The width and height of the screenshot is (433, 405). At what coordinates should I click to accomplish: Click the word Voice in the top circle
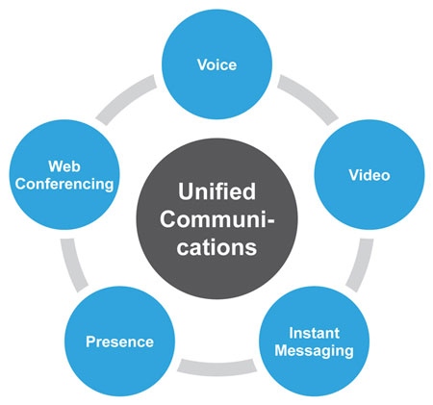[x=217, y=64]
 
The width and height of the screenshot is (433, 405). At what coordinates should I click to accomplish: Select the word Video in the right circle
[x=369, y=175]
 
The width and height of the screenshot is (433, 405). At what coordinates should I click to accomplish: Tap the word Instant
[x=314, y=333]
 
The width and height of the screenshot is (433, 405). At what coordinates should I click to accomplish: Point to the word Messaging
[x=314, y=351]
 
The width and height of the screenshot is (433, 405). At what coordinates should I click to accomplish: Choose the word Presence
[x=119, y=342]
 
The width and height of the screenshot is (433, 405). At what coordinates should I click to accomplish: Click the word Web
[x=64, y=166]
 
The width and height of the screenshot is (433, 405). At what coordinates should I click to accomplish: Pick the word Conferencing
[x=64, y=185]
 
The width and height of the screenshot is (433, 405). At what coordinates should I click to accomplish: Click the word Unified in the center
[x=216, y=191]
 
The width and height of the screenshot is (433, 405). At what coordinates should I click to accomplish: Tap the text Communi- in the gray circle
[x=217, y=219]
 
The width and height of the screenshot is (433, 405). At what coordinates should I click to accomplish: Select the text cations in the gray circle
[x=216, y=247]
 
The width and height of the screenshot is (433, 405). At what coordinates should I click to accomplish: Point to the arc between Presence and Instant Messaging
[x=217, y=368]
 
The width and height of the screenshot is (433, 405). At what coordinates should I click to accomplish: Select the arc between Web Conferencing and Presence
[x=72, y=266]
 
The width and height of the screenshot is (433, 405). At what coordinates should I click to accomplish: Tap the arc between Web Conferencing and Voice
[x=125, y=98]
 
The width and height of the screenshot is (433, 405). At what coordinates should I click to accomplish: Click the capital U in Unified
[x=186, y=191]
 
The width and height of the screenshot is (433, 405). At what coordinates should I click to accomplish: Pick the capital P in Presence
[x=90, y=342]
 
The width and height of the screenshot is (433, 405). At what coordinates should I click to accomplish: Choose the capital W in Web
[x=56, y=166]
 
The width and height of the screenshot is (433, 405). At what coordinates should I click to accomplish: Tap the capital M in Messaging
[x=281, y=350]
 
